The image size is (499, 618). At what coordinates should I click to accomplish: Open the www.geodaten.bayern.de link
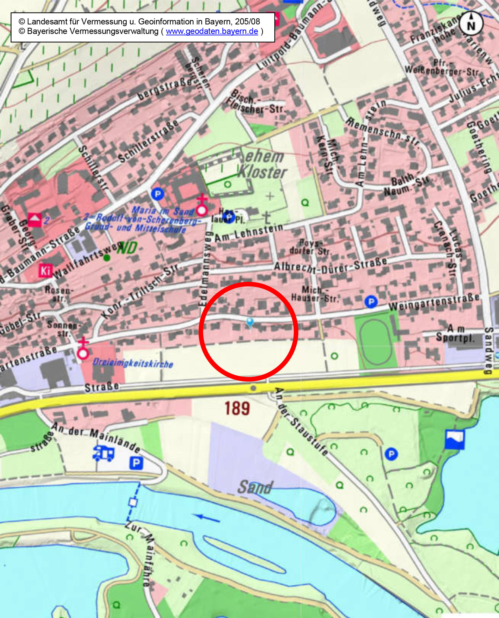pyautogui.click(x=212, y=31)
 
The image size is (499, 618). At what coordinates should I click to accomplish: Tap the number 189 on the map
pyautogui.click(x=237, y=408)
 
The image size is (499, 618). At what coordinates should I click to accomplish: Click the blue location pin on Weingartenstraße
pyautogui.click(x=250, y=322)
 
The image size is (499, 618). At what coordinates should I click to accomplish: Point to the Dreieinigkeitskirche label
pyautogui.click(x=133, y=363)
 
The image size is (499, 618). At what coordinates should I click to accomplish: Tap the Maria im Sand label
pyautogui.click(x=163, y=211)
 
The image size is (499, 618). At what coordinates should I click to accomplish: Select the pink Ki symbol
pyautogui.click(x=44, y=271)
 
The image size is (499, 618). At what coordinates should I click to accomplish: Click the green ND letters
pyautogui.click(x=127, y=248)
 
